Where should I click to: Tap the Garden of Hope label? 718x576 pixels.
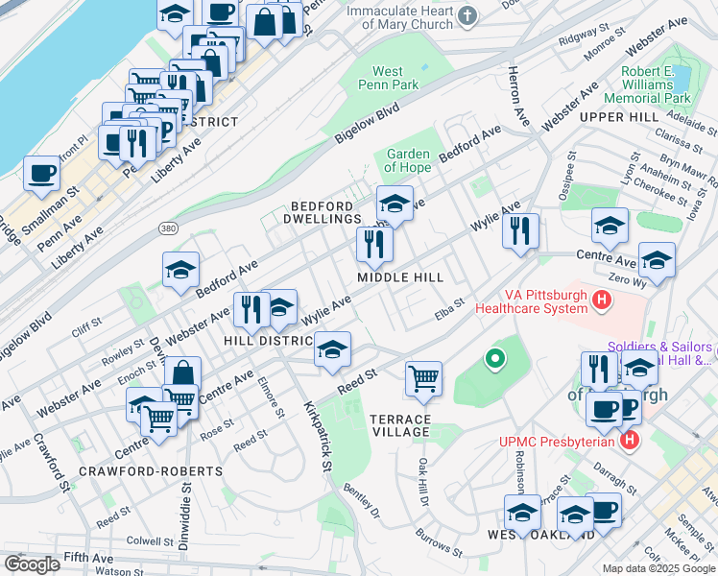408,160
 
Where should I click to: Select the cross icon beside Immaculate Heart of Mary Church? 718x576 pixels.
467,14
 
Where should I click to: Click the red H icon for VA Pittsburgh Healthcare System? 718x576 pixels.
602,301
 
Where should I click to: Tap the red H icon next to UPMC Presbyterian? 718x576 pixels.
630,441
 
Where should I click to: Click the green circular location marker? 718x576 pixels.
495,360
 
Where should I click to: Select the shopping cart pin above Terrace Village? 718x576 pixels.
423,377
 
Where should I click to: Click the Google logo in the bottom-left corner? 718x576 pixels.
32,564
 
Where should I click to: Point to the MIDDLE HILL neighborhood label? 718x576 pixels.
400,277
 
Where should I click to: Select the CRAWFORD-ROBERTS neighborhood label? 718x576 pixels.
150,471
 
